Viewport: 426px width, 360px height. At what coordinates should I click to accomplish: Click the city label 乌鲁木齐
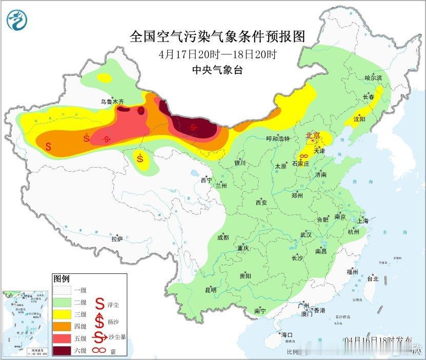tap(112, 102)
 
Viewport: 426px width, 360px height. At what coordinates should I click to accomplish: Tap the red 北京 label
tap(313, 136)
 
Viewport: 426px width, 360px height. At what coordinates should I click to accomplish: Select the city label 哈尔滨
tap(373, 77)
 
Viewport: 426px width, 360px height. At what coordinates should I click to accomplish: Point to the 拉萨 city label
tap(117, 239)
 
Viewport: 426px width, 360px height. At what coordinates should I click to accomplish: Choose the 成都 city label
tap(223, 237)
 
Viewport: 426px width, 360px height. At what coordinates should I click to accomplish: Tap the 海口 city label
tap(287, 335)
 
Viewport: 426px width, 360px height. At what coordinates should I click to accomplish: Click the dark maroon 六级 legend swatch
tap(66, 350)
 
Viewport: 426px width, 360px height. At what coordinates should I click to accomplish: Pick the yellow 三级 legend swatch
tap(66, 313)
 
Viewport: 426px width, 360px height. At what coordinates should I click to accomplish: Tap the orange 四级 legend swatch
tap(66, 326)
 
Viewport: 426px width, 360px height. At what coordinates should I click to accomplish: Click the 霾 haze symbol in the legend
tap(98, 350)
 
